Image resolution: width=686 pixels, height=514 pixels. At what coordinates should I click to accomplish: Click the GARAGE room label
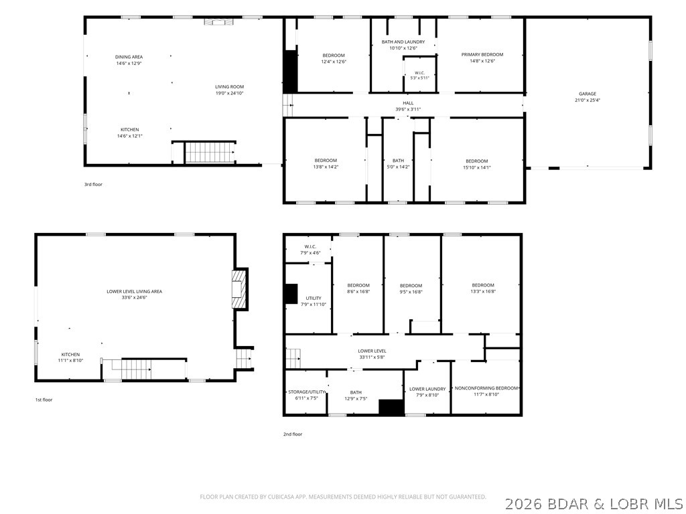[x=588, y=94]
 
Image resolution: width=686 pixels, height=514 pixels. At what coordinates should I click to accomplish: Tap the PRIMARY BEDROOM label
[x=482, y=55]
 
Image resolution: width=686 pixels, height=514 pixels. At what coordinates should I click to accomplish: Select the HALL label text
[x=408, y=103]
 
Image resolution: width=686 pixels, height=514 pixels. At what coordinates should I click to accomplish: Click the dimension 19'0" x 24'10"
[x=229, y=93]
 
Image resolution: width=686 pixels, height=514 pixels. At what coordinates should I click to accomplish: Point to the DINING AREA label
[x=129, y=57]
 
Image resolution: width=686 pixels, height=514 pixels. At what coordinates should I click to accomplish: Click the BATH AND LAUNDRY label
[x=403, y=42]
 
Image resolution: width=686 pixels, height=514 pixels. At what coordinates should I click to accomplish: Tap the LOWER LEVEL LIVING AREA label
[x=134, y=292]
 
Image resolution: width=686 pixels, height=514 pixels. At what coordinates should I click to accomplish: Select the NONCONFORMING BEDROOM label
[x=486, y=388]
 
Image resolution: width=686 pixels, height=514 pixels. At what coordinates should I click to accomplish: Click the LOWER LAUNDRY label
[x=427, y=389]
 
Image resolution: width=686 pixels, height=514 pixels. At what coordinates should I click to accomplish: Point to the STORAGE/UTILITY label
[x=306, y=392]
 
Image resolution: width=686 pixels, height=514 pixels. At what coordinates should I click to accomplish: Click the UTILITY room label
[x=314, y=298]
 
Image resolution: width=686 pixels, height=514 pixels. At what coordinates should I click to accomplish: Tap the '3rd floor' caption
[x=93, y=185]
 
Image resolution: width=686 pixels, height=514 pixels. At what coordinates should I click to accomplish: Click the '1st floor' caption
[x=44, y=400]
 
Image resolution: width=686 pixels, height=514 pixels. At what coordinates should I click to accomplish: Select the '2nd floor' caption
[x=293, y=434]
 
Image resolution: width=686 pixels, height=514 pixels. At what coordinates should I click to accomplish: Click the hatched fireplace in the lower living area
[x=239, y=289]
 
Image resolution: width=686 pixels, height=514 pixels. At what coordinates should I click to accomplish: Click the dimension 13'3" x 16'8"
[x=483, y=292]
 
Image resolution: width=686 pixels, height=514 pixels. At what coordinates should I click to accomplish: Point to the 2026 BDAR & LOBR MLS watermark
[x=594, y=504]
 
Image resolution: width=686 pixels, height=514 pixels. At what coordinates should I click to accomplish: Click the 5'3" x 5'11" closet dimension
[x=419, y=78]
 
